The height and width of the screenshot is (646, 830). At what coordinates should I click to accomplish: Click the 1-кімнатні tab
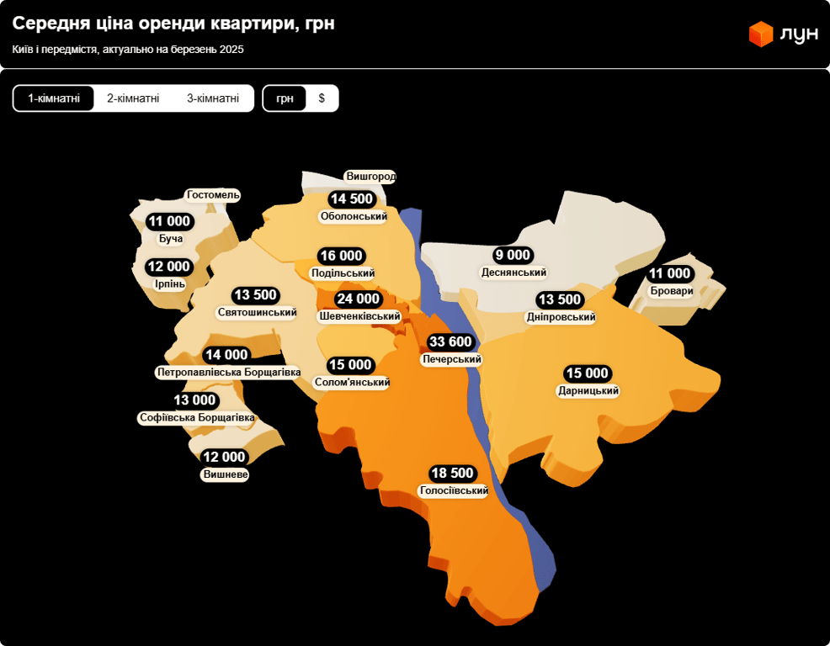point(54,98)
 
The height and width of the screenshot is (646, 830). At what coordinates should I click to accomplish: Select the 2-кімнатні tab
point(133,98)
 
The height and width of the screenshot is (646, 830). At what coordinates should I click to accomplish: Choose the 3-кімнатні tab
point(213,98)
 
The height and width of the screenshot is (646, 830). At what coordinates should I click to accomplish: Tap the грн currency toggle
point(285,98)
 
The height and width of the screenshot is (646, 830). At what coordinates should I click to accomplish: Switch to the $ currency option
point(322,98)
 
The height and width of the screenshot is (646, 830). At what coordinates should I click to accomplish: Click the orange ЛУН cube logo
point(761,34)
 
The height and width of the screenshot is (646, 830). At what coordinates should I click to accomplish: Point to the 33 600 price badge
point(451,342)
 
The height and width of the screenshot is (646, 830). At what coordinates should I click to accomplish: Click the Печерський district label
point(451,359)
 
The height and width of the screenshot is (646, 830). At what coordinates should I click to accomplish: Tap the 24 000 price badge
point(358,299)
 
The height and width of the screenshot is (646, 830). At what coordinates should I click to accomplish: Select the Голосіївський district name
point(454,490)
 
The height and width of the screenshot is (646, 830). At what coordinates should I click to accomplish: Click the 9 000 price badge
point(513,255)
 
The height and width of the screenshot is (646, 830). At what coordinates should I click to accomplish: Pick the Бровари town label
point(672,291)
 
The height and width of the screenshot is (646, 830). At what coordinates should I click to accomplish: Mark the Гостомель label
point(214,195)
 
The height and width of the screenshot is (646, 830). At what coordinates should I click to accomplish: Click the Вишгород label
point(370,177)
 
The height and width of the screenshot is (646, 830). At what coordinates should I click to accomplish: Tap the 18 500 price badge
point(452,474)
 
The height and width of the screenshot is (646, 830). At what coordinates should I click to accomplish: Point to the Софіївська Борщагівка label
point(196,417)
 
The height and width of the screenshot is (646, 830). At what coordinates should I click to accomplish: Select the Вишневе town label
point(226,474)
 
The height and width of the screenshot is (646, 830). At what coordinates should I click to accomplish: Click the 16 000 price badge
point(341,256)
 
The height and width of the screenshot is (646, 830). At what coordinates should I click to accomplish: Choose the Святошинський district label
point(257,312)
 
